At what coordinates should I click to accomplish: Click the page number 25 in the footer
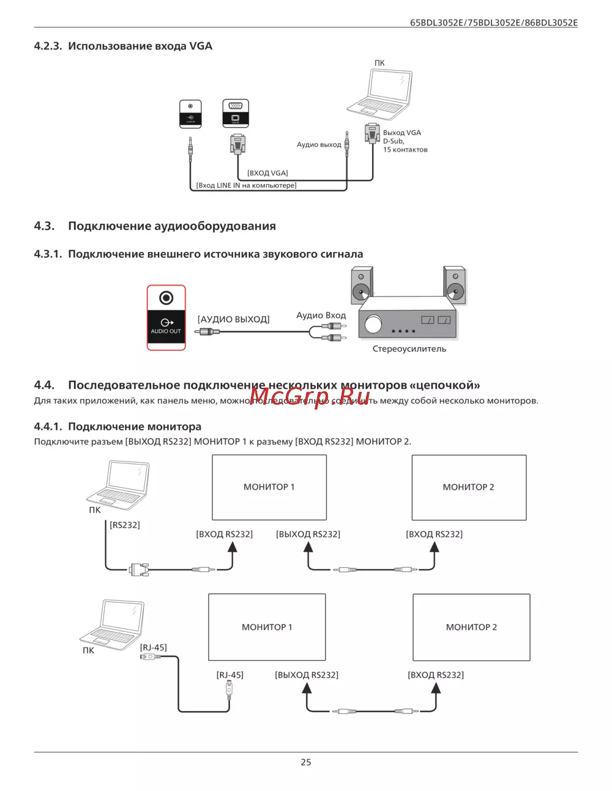point(306,762)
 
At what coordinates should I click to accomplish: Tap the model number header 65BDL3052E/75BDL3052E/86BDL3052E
point(493,23)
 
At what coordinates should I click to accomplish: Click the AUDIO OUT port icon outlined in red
point(166,317)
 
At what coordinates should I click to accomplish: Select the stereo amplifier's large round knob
point(373,324)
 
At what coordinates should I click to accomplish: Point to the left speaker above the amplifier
point(362,285)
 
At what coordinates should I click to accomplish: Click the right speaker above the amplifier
point(455,285)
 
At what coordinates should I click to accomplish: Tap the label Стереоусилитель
point(409,349)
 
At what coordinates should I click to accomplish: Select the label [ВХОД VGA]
point(267,173)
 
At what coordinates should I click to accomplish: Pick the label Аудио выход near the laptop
point(319,145)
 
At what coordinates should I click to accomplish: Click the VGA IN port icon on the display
point(236,113)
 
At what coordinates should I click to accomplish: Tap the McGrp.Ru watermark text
point(310,397)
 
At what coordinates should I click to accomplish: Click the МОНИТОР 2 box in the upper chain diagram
point(469,487)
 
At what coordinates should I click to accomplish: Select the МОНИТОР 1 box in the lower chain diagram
point(267,627)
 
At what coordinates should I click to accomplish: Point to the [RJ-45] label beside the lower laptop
point(153,647)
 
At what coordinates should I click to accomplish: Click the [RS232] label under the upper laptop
point(125,524)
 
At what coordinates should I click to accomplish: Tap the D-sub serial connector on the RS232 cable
point(140,569)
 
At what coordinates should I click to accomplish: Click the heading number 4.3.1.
point(48,254)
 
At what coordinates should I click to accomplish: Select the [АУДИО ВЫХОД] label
point(233,319)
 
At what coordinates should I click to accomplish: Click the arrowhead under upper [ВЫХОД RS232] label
point(308,546)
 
